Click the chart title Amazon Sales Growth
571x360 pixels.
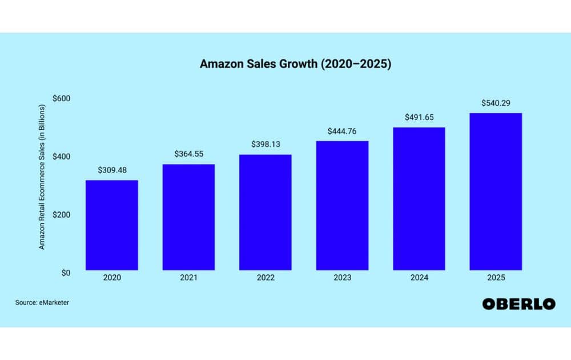pyautogui.click(x=295, y=65)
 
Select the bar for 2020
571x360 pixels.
pyautogui.click(x=111, y=225)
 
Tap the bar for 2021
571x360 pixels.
pyautogui.click(x=188, y=217)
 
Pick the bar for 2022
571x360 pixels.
pyautogui.click(x=265, y=212)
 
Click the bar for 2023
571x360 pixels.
pyautogui.click(x=342, y=205)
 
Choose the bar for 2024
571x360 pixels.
pyautogui.click(x=419, y=198)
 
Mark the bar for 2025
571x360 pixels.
pyautogui.click(x=496, y=191)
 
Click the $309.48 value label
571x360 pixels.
pyautogui.click(x=111, y=170)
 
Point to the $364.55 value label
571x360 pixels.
pyautogui.click(x=188, y=154)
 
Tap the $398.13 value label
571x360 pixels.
pyautogui.click(x=265, y=145)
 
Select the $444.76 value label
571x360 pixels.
pyautogui.click(x=342, y=131)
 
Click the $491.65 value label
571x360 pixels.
pyautogui.click(x=419, y=117)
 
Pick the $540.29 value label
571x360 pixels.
pyautogui.click(x=496, y=103)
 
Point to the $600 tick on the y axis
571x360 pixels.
pyautogui.click(x=61, y=98)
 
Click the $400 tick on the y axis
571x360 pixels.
pyautogui.click(x=61, y=157)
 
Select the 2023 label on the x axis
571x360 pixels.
pyautogui.click(x=342, y=278)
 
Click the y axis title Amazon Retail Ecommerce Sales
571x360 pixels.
pyautogui.click(x=42, y=177)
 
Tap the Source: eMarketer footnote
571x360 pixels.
pyautogui.click(x=42, y=302)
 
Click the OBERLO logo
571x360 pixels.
pyautogui.click(x=518, y=304)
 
